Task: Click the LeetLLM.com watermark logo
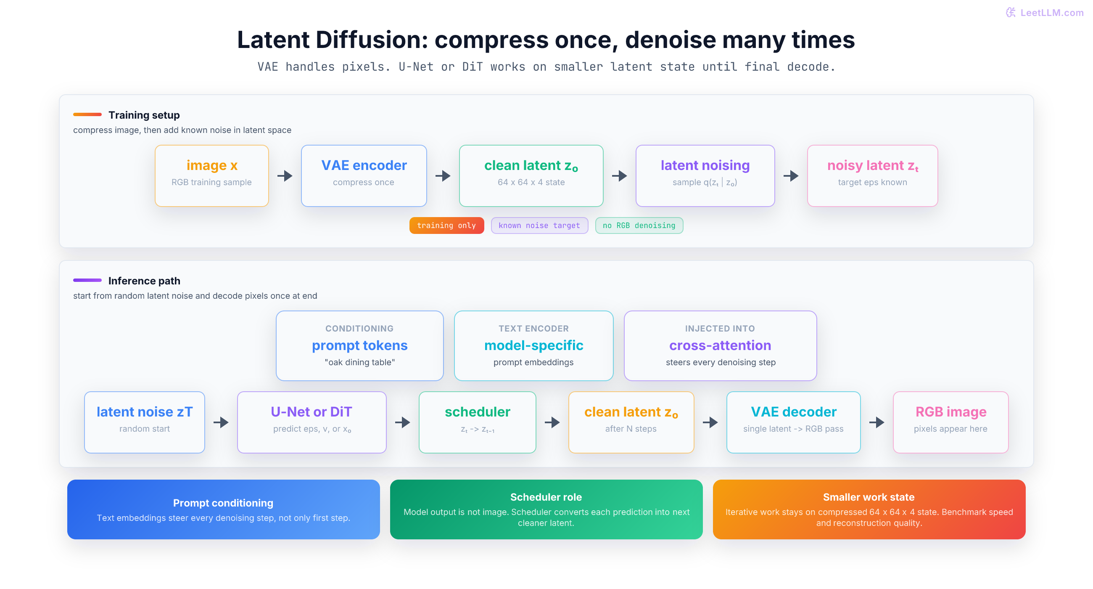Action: (1010, 12)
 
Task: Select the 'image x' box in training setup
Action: (212, 176)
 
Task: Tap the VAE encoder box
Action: (364, 176)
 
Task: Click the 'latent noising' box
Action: (705, 176)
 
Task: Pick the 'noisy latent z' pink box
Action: (872, 176)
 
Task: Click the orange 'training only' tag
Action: (446, 226)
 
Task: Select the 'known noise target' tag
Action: (539, 226)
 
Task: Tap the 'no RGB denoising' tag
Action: (639, 226)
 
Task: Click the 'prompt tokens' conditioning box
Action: (360, 346)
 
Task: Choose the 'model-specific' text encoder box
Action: (534, 346)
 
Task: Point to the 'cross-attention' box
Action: (721, 346)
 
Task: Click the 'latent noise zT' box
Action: (145, 422)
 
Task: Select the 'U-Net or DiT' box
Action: (312, 422)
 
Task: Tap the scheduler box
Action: (477, 422)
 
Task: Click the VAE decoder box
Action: (793, 422)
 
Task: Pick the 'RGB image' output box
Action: (950, 422)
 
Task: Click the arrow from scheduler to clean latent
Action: (552, 422)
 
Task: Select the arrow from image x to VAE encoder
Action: (285, 176)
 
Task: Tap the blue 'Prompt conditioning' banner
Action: (224, 509)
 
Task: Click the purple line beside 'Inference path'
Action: (87, 280)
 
